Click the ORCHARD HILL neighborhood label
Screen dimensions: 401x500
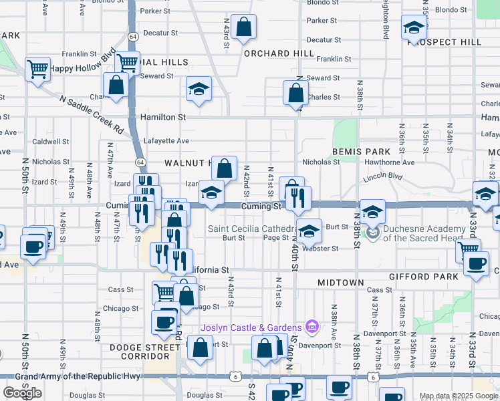click(x=279, y=53)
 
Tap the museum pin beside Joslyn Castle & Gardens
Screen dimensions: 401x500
click(x=311, y=327)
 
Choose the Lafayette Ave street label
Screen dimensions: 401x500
click(x=168, y=141)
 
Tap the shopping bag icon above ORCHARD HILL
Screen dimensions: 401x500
click(x=244, y=28)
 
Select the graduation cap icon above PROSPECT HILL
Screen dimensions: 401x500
click(x=414, y=28)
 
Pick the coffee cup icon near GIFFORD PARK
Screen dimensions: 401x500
click(x=475, y=264)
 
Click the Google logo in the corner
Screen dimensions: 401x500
click(x=22, y=393)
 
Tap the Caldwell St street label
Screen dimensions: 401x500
click(x=51, y=142)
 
